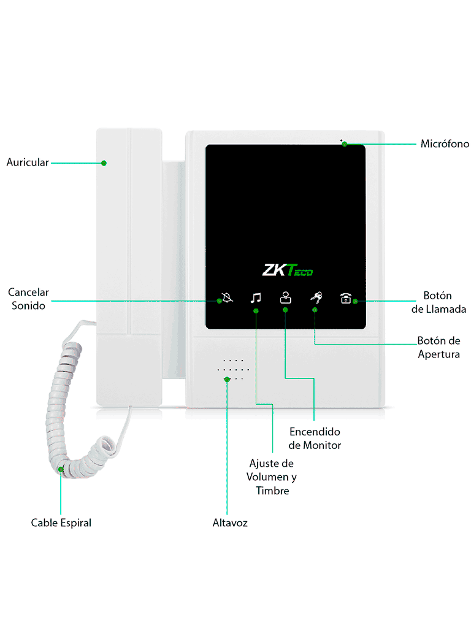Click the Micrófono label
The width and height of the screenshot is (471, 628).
[445, 144]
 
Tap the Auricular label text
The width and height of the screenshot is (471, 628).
[28, 163]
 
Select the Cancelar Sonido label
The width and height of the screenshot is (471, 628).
[29, 299]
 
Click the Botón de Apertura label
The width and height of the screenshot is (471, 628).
[438, 347]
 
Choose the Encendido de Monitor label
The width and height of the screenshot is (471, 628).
[315, 438]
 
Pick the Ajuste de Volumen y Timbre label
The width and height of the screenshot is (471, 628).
[272, 477]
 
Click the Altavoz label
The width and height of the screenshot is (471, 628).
[230, 523]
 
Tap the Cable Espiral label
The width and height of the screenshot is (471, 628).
[61, 523]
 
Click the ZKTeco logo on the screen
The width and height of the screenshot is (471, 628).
[288, 270]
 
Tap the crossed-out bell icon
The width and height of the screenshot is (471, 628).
[227, 299]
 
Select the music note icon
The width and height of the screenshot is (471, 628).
[256, 298]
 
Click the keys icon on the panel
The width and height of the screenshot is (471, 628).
[316, 298]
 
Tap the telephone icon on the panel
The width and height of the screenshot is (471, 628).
[346, 299]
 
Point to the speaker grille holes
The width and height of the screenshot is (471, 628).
[233, 370]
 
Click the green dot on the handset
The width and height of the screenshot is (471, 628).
[104, 163]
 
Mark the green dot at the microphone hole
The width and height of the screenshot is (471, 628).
[345, 145]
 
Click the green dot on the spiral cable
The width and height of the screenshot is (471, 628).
[61, 470]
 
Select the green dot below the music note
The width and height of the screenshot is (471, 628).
[256, 311]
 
